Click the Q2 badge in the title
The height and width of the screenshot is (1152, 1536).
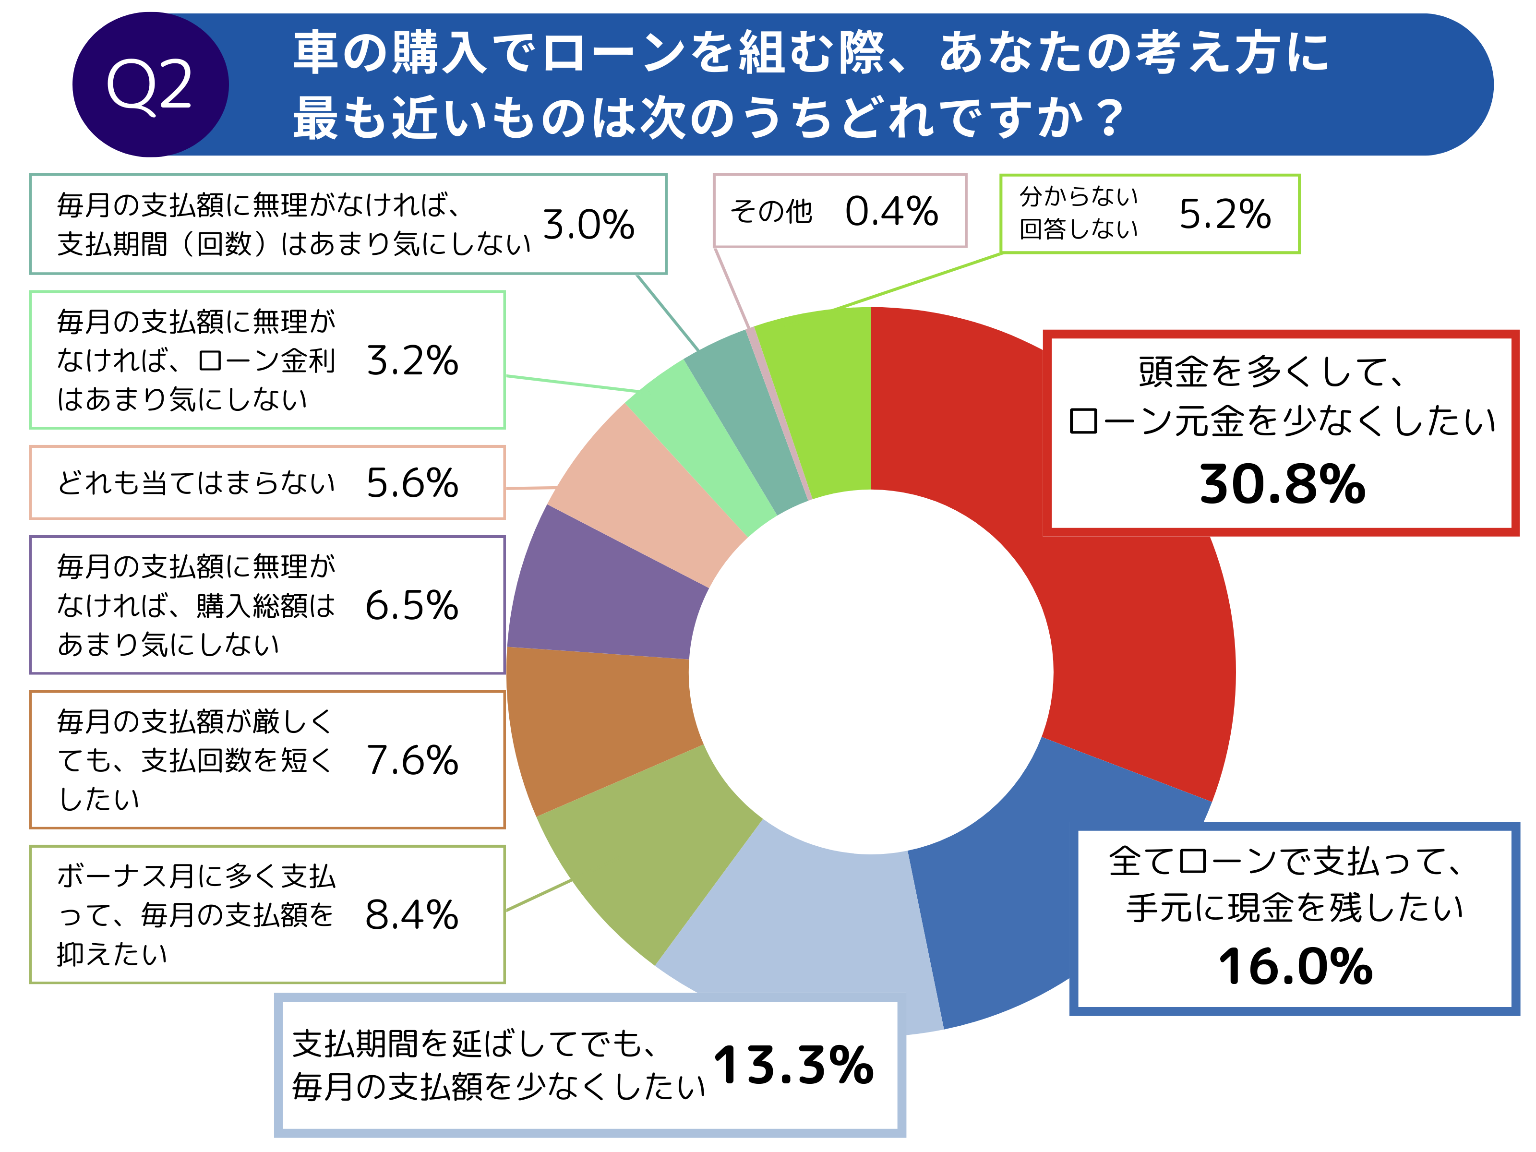(150, 84)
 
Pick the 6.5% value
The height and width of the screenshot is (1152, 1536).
(412, 605)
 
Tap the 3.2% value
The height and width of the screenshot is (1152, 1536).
(412, 360)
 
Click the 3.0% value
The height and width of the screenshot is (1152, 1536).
(588, 224)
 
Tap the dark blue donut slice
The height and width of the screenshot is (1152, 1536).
(1042, 903)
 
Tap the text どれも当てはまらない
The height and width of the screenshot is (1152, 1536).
(196, 482)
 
